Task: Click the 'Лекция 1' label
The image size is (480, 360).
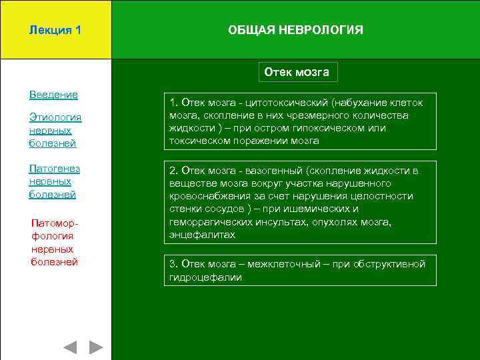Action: click(x=56, y=31)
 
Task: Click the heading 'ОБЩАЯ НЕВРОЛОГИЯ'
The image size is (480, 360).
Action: click(x=295, y=31)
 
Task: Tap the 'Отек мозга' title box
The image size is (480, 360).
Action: click(x=297, y=72)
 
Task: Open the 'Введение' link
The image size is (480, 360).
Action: click(x=53, y=95)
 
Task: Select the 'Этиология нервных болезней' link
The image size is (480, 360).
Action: click(x=55, y=130)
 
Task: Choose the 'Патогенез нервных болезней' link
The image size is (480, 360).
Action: click(x=53, y=181)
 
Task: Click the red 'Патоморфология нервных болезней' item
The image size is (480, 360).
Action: click(x=55, y=242)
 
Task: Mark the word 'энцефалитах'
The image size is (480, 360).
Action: click(x=203, y=235)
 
